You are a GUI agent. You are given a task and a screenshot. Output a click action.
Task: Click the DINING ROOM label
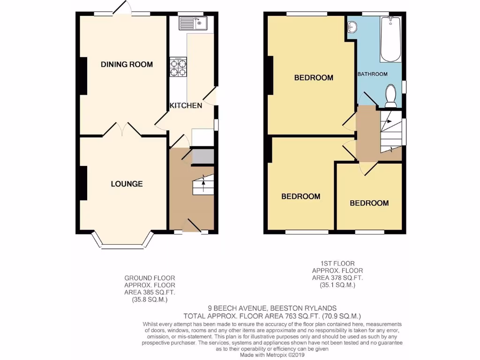pyautogui.click(x=127, y=64)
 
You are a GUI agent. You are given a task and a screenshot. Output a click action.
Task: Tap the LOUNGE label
pyautogui.click(x=127, y=184)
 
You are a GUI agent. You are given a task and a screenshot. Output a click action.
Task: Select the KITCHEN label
pyautogui.click(x=186, y=105)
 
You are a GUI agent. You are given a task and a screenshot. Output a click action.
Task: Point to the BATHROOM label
pyautogui.click(x=373, y=74)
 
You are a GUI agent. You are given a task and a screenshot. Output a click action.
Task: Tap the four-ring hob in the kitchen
pyautogui.click(x=178, y=67)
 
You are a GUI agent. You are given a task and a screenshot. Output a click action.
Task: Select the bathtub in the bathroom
pyautogui.click(x=390, y=39)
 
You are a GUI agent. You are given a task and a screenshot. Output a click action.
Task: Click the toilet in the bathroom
pyautogui.click(x=390, y=96)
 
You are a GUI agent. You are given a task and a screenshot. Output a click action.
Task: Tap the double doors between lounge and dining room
pyautogui.click(x=122, y=129)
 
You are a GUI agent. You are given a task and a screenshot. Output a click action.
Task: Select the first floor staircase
pyautogui.click(x=390, y=131)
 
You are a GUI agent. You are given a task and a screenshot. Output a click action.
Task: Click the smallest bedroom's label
pyautogui.click(x=369, y=203)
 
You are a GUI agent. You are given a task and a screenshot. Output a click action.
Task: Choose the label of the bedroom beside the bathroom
pyautogui.click(x=314, y=77)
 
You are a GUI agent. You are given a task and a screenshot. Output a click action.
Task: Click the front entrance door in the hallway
pyautogui.click(x=195, y=225)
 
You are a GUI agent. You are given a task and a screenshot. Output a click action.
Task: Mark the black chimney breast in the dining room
pyautogui.click(x=83, y=76)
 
